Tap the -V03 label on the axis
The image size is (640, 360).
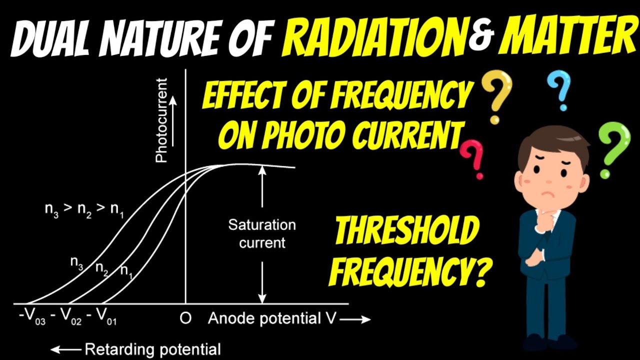[x=33, y=319]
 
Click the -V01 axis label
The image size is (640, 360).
[x=102, y=319]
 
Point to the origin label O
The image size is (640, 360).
[x=185, y=318]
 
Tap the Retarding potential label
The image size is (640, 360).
[x=152, y=349]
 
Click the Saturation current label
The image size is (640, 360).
[x=262, y=234]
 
